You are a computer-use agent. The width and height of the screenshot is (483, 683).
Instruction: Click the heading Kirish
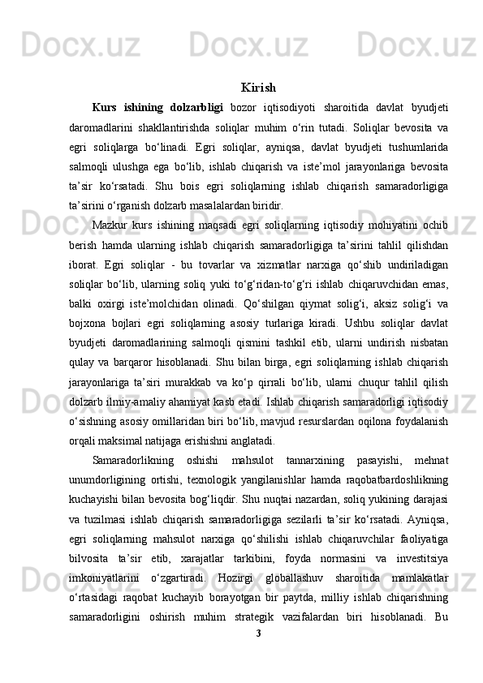[258, 87]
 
